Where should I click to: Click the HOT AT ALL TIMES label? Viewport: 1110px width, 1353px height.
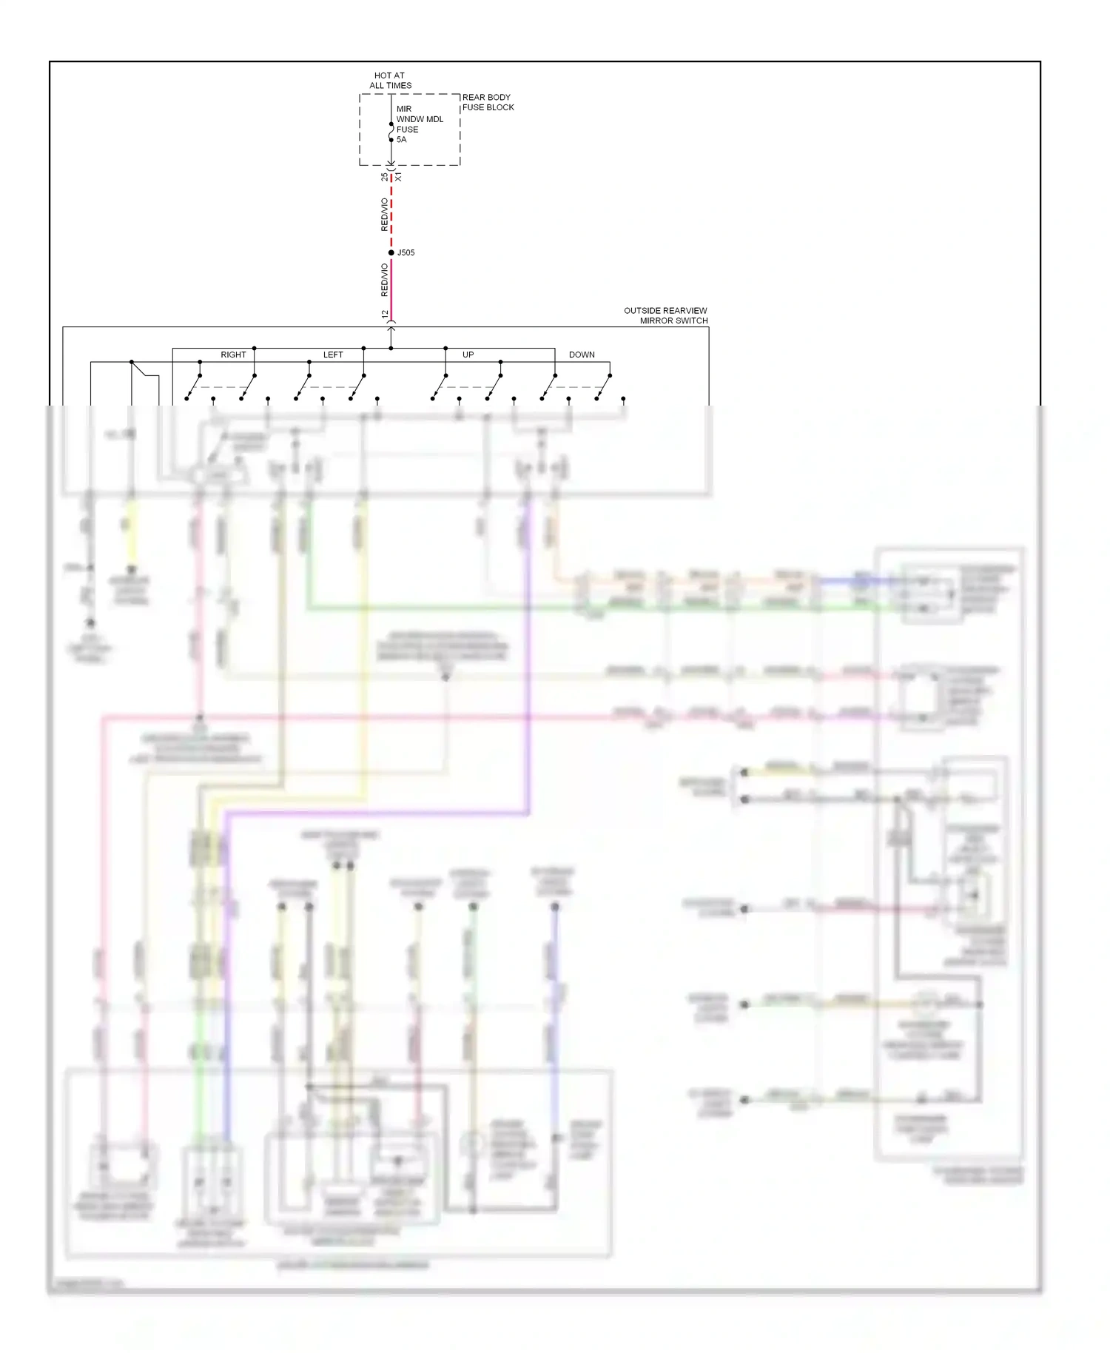[390, 81]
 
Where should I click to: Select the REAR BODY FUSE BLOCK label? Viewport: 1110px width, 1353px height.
[488, 102]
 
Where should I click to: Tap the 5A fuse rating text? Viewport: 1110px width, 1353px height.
[401, 140]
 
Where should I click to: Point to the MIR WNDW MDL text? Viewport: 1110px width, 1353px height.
[420, 114]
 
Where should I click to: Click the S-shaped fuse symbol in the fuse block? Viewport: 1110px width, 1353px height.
[391, 132]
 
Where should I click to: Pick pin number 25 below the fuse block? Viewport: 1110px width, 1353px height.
[384, 178]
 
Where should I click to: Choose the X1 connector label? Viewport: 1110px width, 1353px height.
[399, 178]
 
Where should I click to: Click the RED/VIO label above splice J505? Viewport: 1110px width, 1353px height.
[384, 215]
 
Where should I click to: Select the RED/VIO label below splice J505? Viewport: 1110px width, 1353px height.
[384, 280]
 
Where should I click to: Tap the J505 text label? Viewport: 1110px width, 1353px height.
[406, 253]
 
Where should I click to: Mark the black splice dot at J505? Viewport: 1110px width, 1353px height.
[391, 253]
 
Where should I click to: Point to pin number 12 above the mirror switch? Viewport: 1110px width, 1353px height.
[385, 315]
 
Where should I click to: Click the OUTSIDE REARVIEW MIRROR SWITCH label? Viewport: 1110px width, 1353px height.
[665, 316]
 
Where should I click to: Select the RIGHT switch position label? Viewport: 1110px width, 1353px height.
[233, 355]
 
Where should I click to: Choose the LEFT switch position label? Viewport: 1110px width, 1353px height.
[333, 355]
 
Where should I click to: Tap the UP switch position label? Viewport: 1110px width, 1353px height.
[468, 355]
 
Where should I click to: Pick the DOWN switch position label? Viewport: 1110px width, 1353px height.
[582, 355]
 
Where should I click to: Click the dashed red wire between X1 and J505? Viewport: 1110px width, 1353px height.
[391, 215]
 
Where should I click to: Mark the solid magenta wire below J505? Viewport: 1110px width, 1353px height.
[391, 289]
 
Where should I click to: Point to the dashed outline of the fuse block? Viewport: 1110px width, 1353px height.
[360, 130]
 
